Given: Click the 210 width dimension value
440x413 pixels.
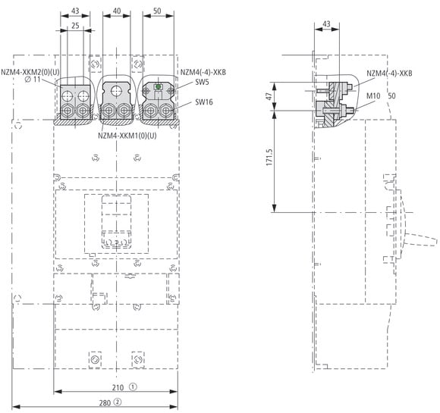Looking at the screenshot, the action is [x=118, y=387].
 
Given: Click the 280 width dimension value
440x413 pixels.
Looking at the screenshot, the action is [x=105, y=403].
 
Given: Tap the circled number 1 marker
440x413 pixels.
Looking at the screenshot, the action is [x=133, y=387].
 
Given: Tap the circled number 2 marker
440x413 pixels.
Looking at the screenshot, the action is [x=118, y=402].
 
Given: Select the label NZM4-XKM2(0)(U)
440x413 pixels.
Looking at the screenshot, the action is [x=30, y=72].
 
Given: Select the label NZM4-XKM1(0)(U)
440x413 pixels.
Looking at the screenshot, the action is [x=127, y=136].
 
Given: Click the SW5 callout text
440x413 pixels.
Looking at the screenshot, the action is [x=202, y=83].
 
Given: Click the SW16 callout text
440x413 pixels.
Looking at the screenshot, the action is [x=204, y=102].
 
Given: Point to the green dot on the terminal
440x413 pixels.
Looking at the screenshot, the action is [x=159, y=87].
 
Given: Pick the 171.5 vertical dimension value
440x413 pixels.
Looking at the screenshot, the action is [x=269, y=157].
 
